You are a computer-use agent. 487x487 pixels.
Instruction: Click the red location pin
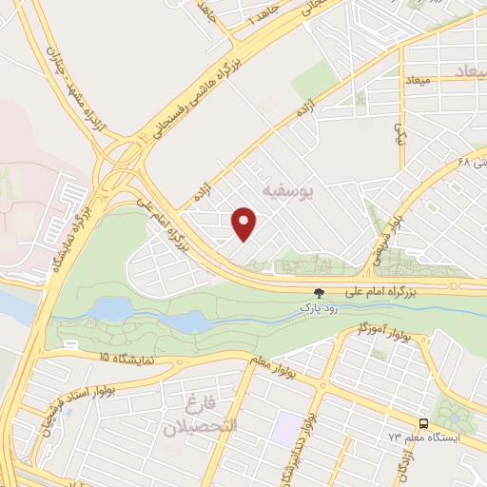point(245,223)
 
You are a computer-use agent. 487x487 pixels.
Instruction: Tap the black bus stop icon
point(421,423)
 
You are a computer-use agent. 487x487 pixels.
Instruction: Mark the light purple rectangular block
point(284,429)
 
